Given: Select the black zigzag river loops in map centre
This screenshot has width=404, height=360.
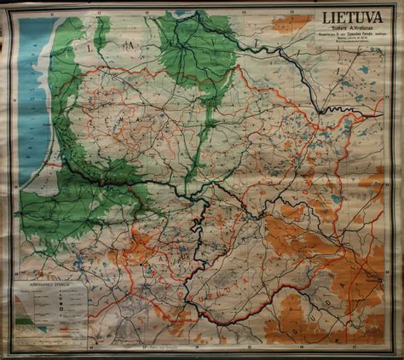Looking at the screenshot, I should pyautogui.click(x=198, y=226).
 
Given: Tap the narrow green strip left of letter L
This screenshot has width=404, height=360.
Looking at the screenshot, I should pyautogui.click(x=102, y=34).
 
